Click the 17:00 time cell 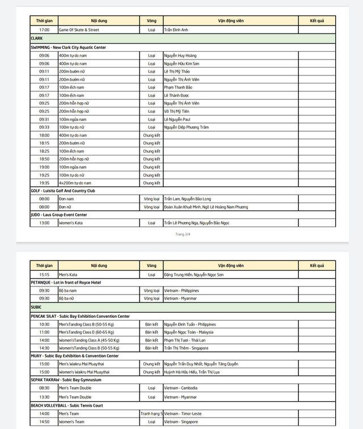tap(44, 30)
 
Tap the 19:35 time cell tap(44, 183)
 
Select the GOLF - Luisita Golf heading tap(63, 191)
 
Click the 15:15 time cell tap(44, 275)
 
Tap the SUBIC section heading tap(36, 307)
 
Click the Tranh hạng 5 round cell tap(151, 414)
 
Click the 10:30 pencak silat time tap(44, 324)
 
